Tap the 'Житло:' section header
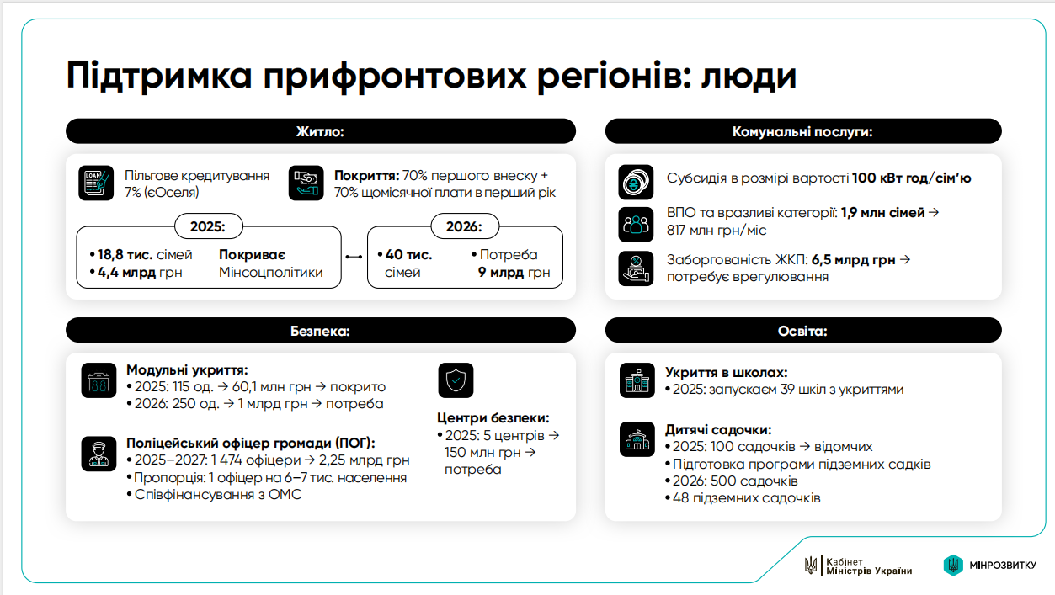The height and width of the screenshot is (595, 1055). [320, 131]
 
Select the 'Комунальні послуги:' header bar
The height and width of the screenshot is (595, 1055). [802, 131]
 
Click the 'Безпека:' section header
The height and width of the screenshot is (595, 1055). [320, 330]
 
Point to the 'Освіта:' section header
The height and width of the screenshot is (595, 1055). [802, 330]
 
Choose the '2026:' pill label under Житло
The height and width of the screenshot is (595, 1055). [465, 226]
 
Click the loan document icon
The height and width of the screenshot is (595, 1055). [96, 183]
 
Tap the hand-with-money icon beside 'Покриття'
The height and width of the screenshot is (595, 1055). [306, 183]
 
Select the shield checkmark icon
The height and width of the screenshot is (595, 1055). [456, 380]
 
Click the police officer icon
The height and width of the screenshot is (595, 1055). [99, 452]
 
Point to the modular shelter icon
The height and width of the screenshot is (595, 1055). [99, 380]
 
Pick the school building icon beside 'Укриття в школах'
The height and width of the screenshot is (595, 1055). [637, 380]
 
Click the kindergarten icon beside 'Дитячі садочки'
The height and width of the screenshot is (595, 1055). [637, 438]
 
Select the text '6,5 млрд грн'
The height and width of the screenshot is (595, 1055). [853, 260]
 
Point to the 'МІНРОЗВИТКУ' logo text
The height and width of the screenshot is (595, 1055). [1003, 565]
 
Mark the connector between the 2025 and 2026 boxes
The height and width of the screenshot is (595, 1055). [354, 257]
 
